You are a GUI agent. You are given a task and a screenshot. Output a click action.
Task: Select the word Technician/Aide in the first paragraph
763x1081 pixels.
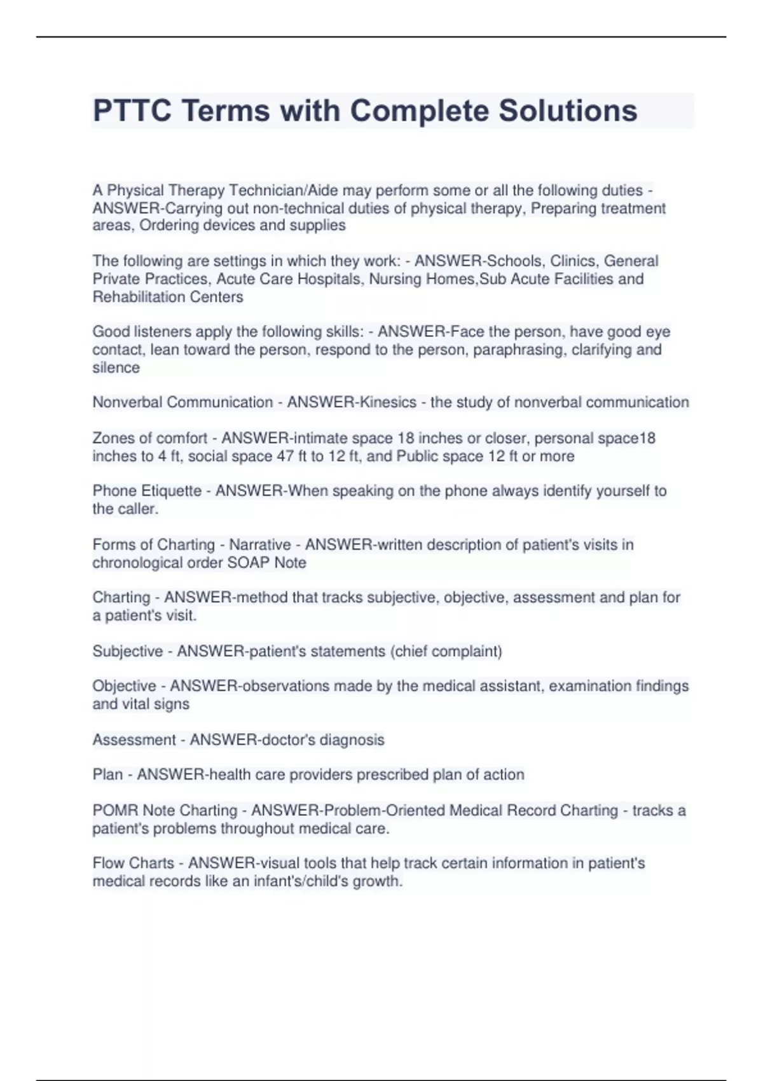pos(284,191)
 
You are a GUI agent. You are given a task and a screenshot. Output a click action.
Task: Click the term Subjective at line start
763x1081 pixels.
pos(127,651)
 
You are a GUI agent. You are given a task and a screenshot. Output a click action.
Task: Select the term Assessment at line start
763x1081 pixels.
pos(134,740)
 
